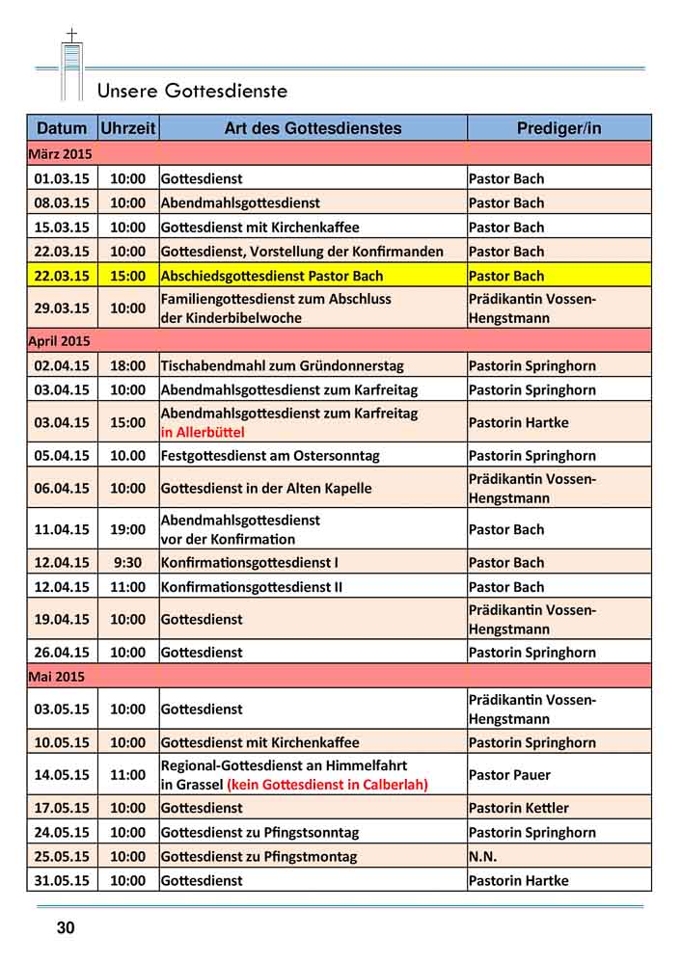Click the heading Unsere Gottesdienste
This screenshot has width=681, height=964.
point(192,92)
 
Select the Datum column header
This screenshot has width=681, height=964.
point(62,128)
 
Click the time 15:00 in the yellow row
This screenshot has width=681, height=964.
point(127,276)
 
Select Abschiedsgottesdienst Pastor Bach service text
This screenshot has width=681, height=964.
point(271,276)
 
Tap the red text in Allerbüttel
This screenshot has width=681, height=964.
point(204,433)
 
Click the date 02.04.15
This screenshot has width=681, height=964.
point(61,366)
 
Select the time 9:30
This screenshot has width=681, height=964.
point(127,562)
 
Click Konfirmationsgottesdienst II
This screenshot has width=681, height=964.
point(252,586)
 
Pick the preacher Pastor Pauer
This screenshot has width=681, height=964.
point(509,774)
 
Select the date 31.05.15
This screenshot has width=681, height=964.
point(61,880)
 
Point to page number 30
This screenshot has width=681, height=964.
point(65,928)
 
